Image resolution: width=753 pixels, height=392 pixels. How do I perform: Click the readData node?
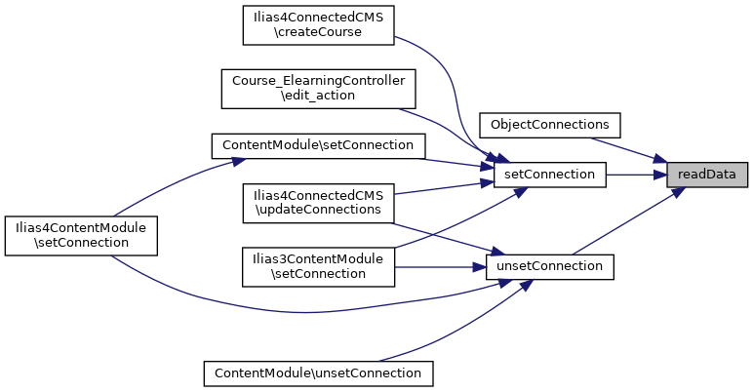(x=707, y=175)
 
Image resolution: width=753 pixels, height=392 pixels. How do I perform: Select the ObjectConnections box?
(x=550, y=125)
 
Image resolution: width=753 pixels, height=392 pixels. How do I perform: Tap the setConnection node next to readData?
(x=550, y=175)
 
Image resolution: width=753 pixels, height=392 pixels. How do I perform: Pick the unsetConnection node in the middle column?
(x=550, y=266)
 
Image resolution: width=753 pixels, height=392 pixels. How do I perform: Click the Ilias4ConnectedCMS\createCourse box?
(x=317, y=23)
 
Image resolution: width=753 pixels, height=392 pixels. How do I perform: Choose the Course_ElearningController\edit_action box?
(x=319, y=88)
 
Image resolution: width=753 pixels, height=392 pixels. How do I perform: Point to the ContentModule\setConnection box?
(x=319, y=145)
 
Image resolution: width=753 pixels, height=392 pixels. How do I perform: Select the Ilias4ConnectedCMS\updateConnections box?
(x=317, y=202)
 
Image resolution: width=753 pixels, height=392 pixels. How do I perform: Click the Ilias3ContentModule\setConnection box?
(x=318, y=266)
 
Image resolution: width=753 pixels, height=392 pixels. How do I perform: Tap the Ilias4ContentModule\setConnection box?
(x=82, y=235)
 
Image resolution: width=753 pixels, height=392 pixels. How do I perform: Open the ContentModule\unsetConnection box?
(x=318, y=372)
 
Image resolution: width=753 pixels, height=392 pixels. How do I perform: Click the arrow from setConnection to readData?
(x=636, y=175)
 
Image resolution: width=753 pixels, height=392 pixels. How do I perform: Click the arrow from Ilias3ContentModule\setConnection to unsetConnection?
(x=439, y=266)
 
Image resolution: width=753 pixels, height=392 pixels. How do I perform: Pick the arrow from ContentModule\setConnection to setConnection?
(x=454, y=161)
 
